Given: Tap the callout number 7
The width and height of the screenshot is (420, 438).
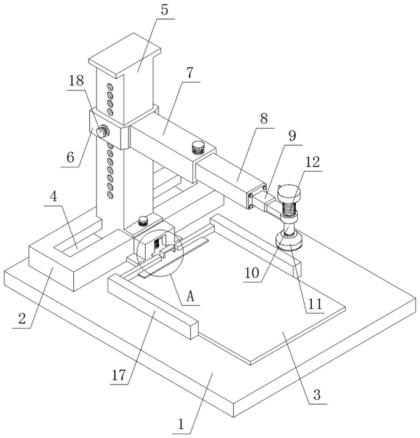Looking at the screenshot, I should click(x=189, y=73).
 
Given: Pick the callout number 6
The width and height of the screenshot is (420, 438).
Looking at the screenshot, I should click(x=70, y=157).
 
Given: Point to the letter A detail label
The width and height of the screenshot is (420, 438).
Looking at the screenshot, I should click(x=191, y=296).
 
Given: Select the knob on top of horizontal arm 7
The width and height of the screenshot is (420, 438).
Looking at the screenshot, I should click(x=197, y=146).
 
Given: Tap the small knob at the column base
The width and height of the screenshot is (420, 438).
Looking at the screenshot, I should click(x=143, y=220).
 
